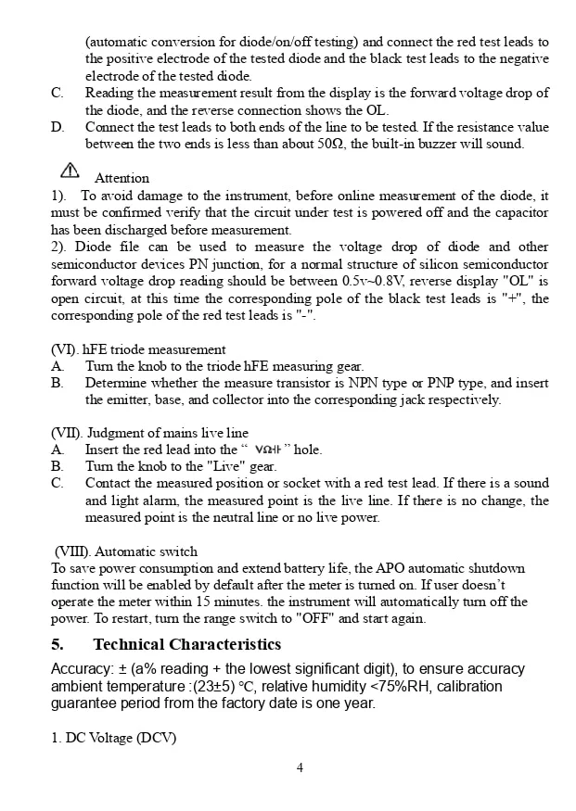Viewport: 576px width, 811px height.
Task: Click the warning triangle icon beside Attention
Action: pos(70,170)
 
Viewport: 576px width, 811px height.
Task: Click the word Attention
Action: pos(122,178)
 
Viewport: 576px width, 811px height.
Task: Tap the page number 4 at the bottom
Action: pos(300,767)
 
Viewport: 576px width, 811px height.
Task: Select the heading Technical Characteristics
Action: pos(186,644)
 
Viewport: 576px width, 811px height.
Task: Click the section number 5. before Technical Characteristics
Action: pos(58,644)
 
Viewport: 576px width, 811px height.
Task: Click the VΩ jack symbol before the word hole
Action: pos(267,450)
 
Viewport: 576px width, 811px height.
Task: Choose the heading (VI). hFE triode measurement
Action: pos(138,349)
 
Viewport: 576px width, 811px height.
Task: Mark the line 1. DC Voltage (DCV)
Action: pos(113,738)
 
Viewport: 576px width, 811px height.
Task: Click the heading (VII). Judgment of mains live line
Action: pos(149,433)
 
